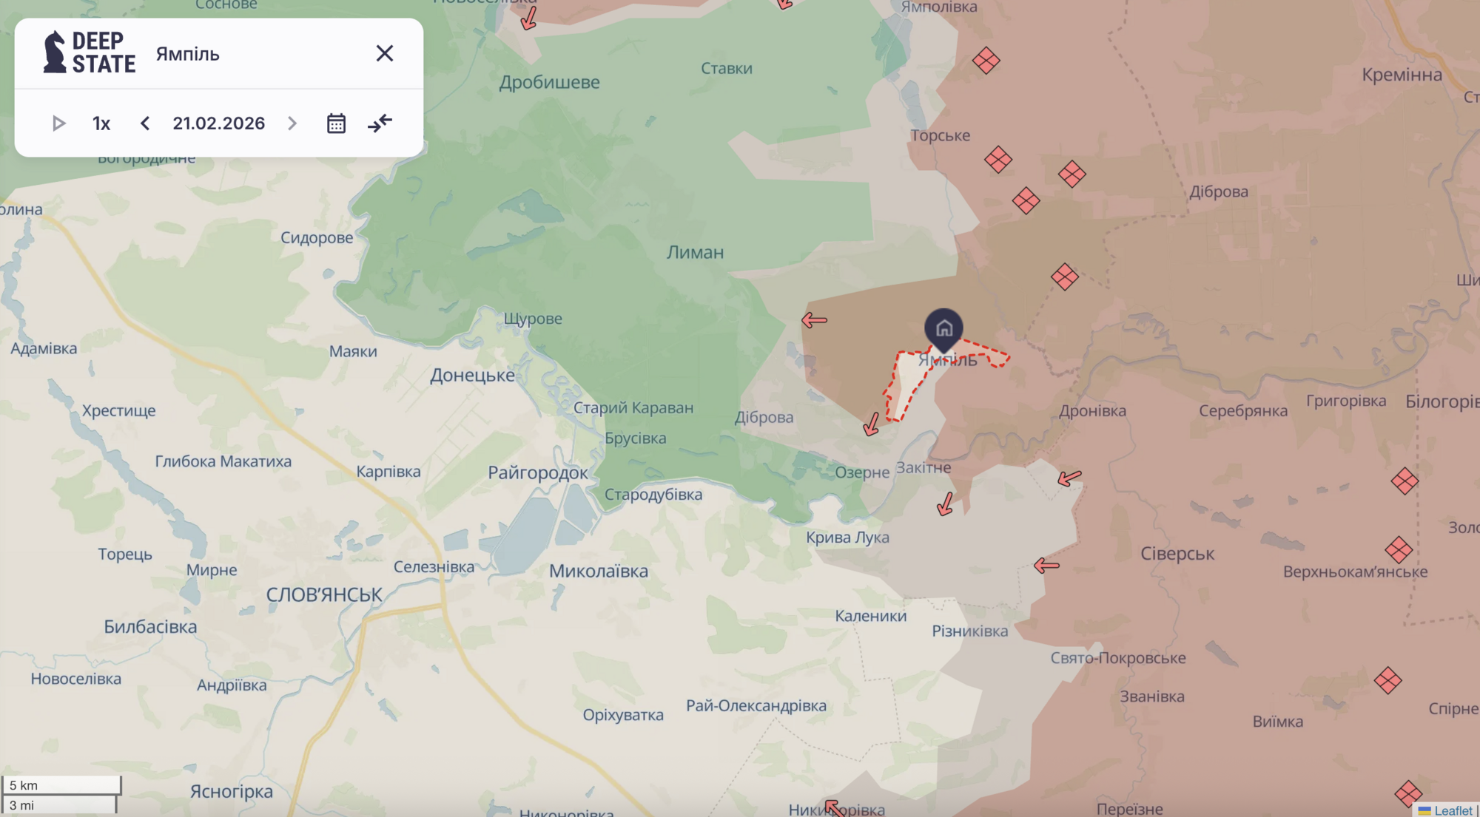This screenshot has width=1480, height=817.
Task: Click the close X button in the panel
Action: click(384, 53)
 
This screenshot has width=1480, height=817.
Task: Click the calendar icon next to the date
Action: click(336, 123)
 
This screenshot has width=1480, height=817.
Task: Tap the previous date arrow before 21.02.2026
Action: click(145, 123)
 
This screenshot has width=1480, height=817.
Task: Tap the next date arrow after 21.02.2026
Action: click(292, 123)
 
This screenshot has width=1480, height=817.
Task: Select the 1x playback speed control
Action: click(101, 123)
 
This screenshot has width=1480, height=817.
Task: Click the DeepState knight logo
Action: click(54, 52)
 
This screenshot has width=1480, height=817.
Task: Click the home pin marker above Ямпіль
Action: click(943, 328)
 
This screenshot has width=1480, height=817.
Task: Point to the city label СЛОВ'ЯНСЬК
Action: click(324, 594)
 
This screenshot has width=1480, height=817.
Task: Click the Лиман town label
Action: click(695, 252)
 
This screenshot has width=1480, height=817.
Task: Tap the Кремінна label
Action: click(1402, 75)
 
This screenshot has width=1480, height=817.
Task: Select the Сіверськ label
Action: click(1177, 554)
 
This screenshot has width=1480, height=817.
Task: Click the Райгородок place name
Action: click(537, 473)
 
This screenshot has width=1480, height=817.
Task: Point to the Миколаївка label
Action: click(598, 571)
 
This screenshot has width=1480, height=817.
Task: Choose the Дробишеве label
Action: click(549, 82)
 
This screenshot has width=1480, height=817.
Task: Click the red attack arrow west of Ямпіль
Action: click(814, 320)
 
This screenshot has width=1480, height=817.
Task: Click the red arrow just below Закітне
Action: click(945, 504)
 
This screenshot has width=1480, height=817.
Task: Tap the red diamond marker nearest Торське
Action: click(998, 159)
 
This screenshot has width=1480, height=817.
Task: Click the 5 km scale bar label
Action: click(24, 785)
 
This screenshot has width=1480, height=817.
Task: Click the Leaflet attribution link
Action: click(1453, 810)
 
